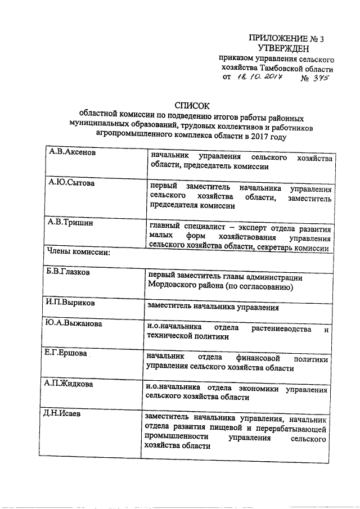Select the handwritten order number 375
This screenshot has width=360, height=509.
[317, 79]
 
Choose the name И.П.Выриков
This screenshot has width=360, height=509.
[70, 303]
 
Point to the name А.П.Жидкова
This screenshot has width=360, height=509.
[70, 384]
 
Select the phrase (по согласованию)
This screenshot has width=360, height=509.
[258, 287]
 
